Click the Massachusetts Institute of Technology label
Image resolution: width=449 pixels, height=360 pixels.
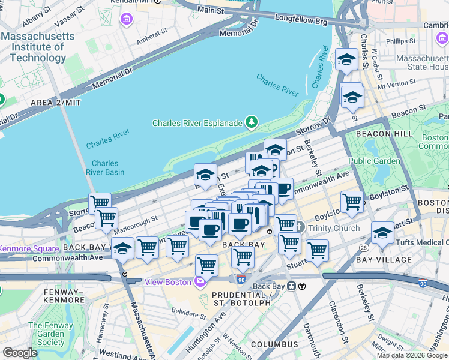pos(37,47)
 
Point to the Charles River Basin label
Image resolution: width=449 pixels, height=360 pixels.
pos(105,167)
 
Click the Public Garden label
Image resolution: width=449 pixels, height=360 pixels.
pos(373,161)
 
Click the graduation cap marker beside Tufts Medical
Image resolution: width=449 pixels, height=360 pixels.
pos(382,233)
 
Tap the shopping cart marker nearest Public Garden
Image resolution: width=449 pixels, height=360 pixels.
pos(352,202)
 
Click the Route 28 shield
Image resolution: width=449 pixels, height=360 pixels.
pos(364,247)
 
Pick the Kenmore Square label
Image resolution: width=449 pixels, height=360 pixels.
pos(29,248)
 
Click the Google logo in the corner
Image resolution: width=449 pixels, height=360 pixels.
pos(20,353)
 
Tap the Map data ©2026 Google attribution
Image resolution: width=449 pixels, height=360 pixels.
pos(411,355)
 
